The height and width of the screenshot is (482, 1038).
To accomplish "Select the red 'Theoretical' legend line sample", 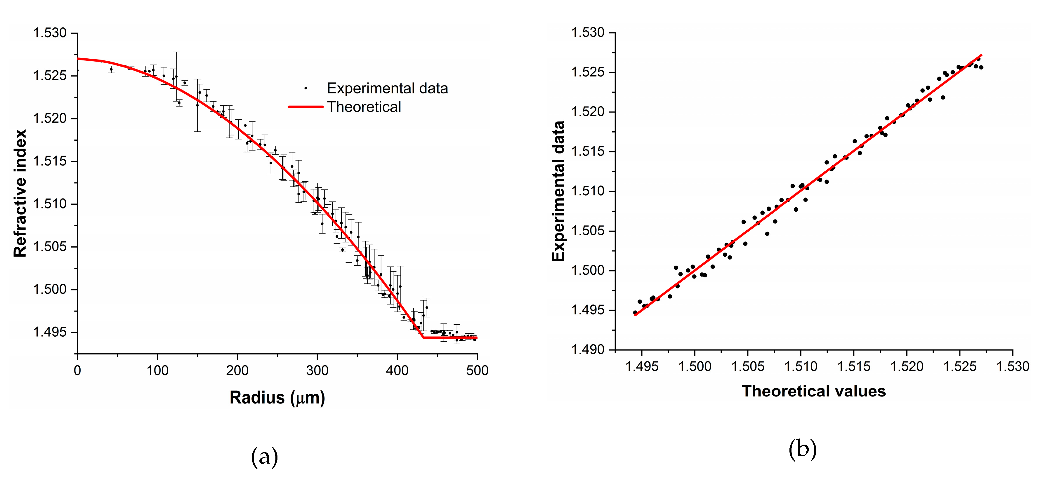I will [306, 107].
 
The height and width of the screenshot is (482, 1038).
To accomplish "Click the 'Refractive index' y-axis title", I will [20, 193].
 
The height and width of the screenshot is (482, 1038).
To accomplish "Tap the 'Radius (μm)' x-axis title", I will [277, 397].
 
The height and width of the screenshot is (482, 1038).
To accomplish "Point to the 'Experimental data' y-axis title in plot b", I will [558, 191].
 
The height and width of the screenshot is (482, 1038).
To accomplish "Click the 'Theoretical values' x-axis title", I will [814, 391].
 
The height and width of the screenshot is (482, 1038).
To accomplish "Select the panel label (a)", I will [264, 457].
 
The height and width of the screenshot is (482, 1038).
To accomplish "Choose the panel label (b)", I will [802, 449].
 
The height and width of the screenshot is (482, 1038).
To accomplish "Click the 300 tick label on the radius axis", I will [317, 370].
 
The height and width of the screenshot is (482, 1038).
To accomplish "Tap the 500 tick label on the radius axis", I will [477, 370].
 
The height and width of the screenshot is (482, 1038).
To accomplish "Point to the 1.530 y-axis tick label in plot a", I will [50, 33].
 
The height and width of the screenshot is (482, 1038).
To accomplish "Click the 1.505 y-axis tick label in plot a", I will [50, 246].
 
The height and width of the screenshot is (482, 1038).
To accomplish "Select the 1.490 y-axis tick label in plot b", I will [588, 349].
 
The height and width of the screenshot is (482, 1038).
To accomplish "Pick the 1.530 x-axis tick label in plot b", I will [1013, 366].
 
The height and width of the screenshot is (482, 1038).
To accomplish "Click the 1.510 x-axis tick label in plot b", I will [801, 366].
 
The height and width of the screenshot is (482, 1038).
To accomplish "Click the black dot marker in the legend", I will [306, 88].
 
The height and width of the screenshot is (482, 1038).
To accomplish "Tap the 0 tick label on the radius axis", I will [77, 370].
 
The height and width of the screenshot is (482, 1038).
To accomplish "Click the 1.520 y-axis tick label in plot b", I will [588, 112].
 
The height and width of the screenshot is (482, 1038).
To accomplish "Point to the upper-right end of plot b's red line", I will [981, 55].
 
